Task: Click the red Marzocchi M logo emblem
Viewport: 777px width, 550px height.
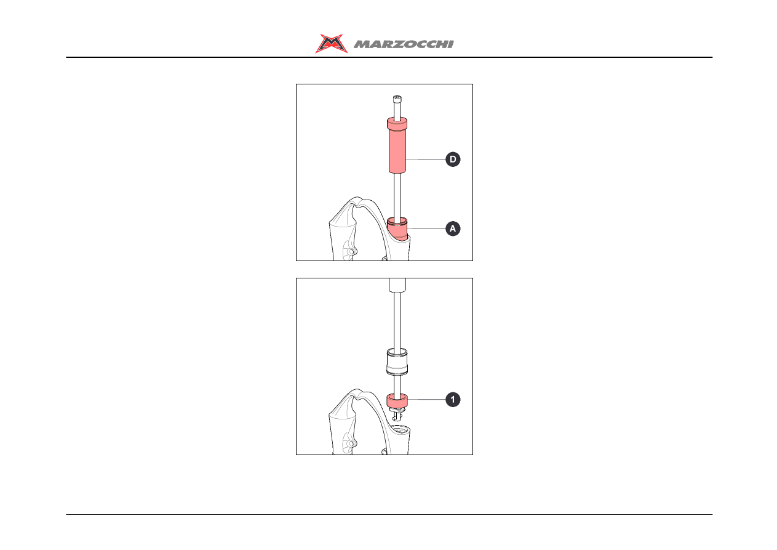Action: (331, 43)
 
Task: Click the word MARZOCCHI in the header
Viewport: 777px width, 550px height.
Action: (404, 44)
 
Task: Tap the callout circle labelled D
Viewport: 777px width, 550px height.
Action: (453, 160)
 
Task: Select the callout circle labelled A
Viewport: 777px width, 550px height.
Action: (453, 229)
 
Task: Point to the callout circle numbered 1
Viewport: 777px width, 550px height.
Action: (453, 400)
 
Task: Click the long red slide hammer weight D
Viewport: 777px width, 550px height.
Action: (397, 145)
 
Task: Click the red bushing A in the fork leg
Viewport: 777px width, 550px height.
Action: (397, 229)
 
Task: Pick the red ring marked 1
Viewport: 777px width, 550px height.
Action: (397, 400)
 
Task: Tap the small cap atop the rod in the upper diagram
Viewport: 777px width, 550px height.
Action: (397, 99)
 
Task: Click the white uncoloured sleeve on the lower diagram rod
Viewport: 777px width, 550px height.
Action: (397, 362)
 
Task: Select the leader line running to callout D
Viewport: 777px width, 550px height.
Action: (426, 160)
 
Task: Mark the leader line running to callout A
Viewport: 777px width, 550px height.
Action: (427, 229)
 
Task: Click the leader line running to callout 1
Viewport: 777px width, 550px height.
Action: (427, 400)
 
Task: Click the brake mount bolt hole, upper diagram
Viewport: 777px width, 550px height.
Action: (351, 251)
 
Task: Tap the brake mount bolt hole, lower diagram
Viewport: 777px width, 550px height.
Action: (351, 444)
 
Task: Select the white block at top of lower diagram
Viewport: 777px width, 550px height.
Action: (397, 285)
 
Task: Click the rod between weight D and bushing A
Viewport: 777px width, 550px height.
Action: (397, 195)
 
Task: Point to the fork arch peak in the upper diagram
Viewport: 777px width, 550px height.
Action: (357, 199)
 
